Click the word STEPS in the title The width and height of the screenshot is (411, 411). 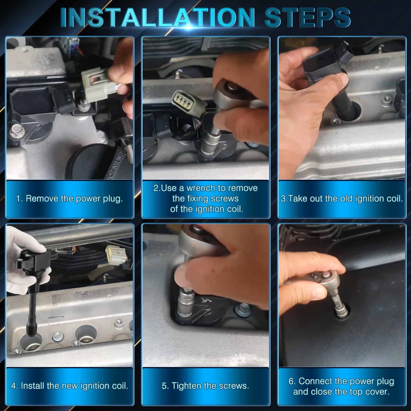(x=307, y=18)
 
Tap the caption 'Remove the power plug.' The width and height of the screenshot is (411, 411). (x=74, y=199)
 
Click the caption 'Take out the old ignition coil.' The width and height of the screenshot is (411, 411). (x=345, y=199)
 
